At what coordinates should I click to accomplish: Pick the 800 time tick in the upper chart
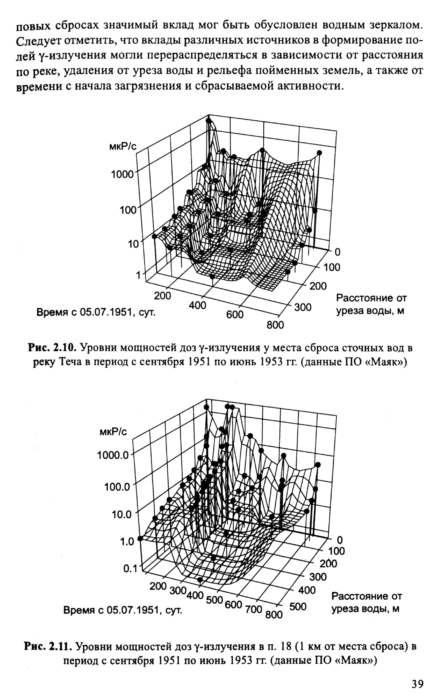click(275, 325)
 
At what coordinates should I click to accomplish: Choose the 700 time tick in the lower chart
click(254, 609)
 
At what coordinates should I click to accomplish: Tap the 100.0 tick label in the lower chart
click(117, 486)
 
